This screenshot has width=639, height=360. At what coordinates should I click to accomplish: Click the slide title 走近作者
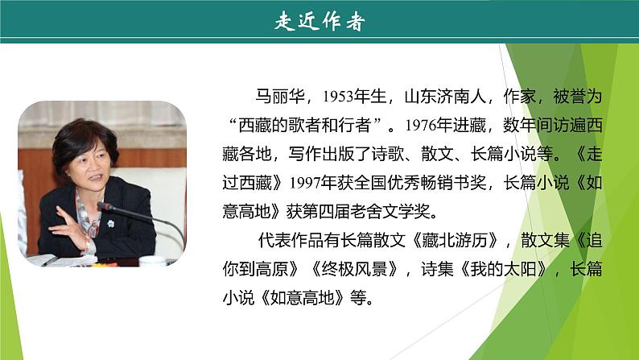point(319,22)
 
